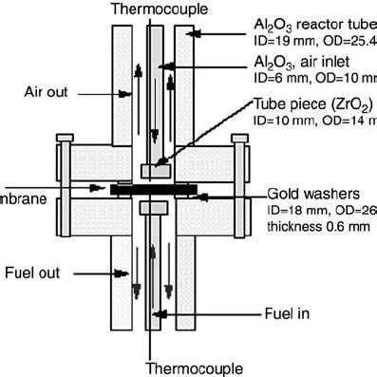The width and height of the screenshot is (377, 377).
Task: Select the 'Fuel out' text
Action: pyautogui.click(x=41, y=272)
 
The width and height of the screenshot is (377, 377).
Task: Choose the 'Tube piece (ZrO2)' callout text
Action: pyautogui.click(x=312, y=104)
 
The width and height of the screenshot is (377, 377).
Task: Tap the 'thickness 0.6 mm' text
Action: pyautogui.click(x=313, y=226)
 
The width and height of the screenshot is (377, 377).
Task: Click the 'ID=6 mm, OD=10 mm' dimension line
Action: pyautogui.click(x=313, y=78)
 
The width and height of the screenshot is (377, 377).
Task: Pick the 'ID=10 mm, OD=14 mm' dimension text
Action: pyautogui.click(x=313, y=122)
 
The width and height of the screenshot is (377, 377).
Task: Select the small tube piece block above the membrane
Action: pyautogui.click(x=153, y=170)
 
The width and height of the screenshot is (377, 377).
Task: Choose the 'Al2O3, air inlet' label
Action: pyautogui.click(x=298, y=61)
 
